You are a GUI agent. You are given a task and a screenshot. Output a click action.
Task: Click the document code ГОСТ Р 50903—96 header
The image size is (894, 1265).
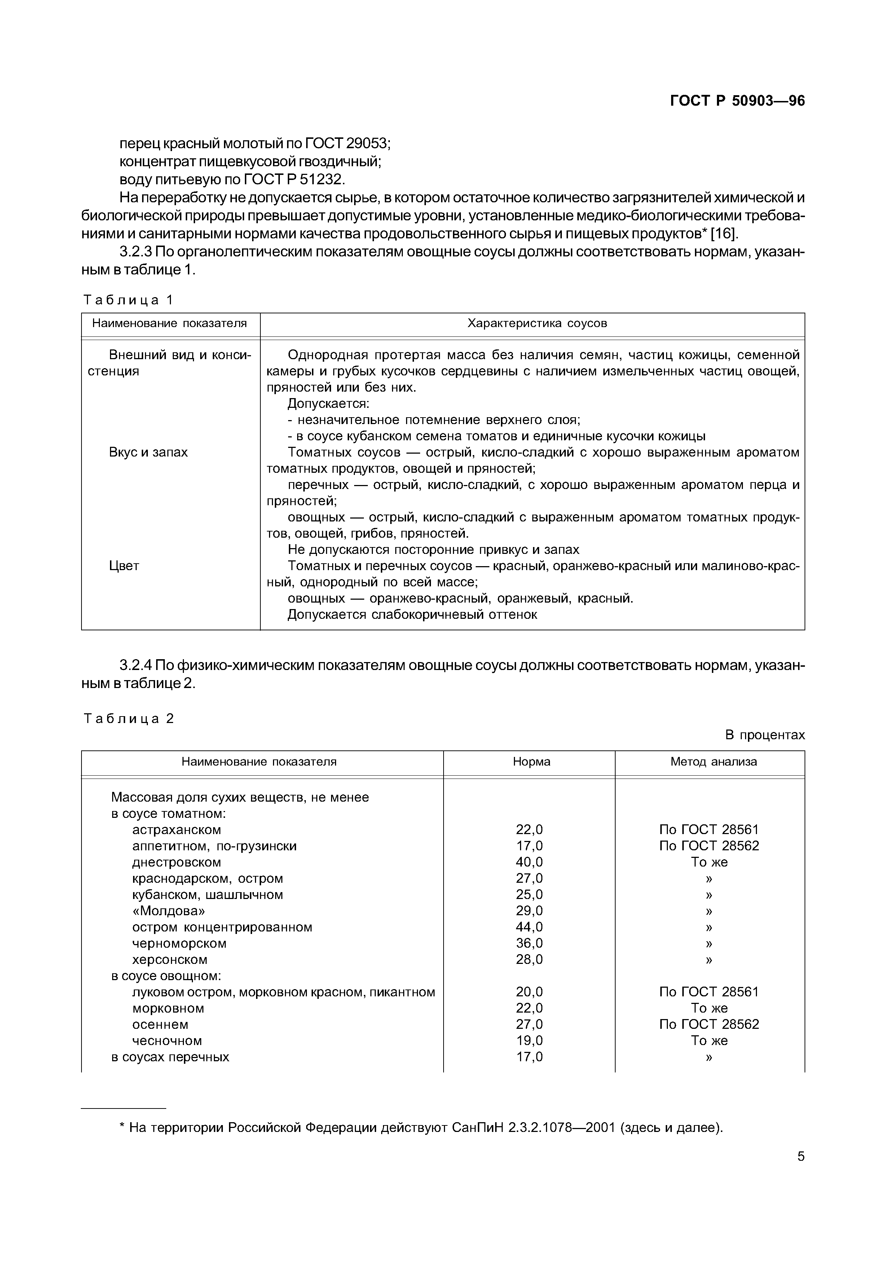737,101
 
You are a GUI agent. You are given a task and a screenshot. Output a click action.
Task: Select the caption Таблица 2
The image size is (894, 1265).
128,718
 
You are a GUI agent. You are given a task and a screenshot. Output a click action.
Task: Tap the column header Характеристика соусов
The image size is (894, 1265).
537,323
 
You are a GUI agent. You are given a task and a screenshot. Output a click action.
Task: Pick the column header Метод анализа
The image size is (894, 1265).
713,762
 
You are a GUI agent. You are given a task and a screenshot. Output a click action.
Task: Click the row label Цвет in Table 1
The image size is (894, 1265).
124,566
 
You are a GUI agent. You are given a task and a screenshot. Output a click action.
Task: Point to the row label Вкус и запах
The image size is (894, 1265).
148,452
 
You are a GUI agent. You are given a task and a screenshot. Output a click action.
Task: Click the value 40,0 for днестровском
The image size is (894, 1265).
529,862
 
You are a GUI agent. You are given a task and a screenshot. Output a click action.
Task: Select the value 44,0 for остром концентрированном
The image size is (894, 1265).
529,927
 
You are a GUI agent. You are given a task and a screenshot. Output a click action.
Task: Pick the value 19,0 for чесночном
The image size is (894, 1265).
529,1040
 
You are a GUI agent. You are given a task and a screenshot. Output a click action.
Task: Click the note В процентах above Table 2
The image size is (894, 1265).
765,735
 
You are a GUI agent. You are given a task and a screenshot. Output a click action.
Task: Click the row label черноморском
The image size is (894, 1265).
179,943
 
